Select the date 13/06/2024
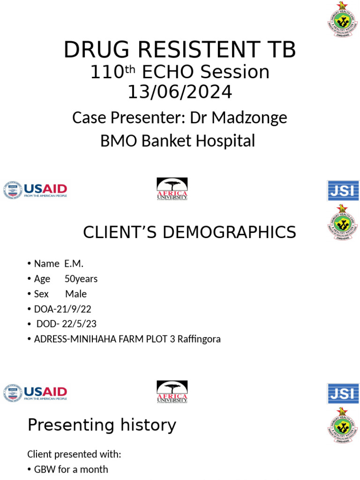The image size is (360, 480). click(x=180, y=91)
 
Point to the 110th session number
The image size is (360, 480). click(x=112, y=72)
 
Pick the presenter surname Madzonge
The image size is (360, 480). click(x=249, y=118)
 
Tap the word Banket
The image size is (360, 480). click(x=158, y=140)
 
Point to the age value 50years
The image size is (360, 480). click(x=81, y=279)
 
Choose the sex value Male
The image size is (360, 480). click(x=76, y=294)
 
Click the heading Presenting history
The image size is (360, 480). click(x=102, y=425)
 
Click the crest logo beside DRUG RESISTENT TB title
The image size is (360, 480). click(x=343, y=18)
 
